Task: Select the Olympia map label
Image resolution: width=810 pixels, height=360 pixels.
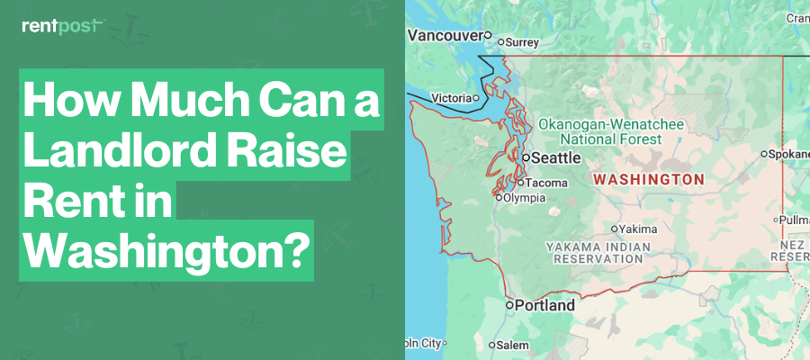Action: (x=524, y=198)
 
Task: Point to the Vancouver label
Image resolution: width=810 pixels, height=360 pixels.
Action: (x=445, y=36)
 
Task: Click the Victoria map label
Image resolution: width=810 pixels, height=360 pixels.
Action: (x=451, y=98)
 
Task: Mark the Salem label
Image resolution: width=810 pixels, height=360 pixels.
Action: (x=513, y=346)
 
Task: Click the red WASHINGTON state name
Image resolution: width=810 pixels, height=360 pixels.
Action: (x=648, y=180)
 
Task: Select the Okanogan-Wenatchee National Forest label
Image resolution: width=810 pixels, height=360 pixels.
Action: (x=611, y=131)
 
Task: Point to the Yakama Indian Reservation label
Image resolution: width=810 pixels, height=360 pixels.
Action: (x=598, y=251)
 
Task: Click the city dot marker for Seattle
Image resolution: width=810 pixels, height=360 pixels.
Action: (x=526, y=157)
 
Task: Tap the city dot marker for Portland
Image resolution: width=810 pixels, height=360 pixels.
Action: (x=509, y=306)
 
